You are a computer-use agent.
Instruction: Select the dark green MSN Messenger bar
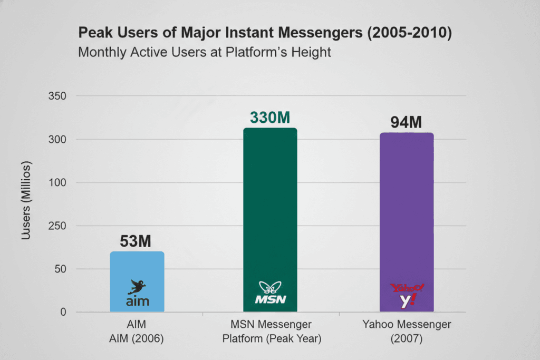[x=270, y=211]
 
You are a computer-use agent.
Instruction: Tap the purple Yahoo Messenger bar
[x=407, y=211]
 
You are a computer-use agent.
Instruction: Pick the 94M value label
[x=406, y=122]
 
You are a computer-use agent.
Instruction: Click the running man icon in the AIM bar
[x=137, y=287]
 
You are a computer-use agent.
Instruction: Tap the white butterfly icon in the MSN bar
[x=269, y=288]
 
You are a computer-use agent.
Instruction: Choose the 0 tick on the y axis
[x=63, y=313]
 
